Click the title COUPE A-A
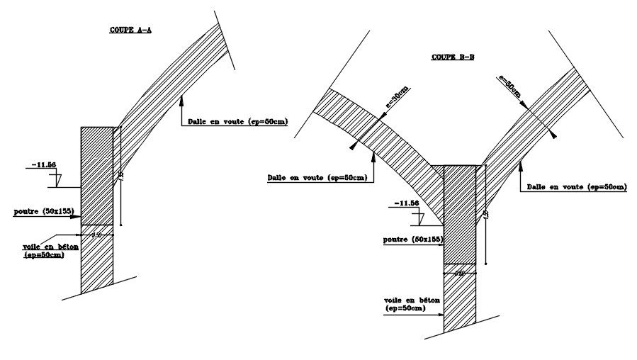coord(130,30)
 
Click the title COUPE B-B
coord(453,57)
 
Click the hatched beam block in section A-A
coord(97,175)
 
